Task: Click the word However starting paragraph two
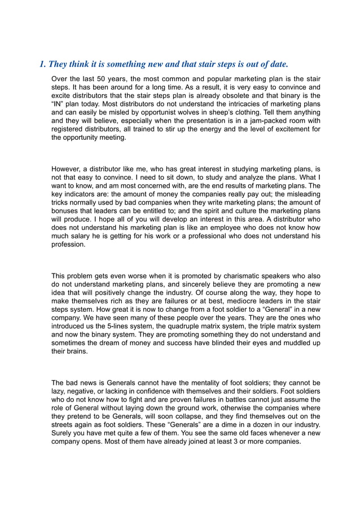(x=68, y=169)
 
